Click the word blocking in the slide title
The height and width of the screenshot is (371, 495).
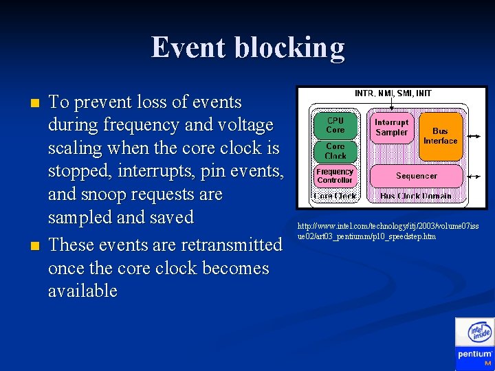click(x=289, y=48)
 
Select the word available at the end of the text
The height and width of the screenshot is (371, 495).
click(x=82, y=291)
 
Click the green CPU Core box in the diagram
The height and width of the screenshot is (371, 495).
click(x=335, y=126)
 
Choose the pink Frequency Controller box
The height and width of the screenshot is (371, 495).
click(x=335, y=176)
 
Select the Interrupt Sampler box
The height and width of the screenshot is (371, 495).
click(x=392, y=127)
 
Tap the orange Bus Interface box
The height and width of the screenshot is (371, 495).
click(x=440, y=135)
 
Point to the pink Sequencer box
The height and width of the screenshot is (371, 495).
click(x=416, y=176)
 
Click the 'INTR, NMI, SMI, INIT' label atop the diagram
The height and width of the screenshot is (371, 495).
click(x=392, y=93)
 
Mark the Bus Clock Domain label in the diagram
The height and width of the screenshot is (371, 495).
click(x=416, y=196)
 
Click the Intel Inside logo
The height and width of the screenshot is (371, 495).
click(x=479, y=333)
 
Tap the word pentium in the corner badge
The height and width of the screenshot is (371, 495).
click(x=474, y=355)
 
